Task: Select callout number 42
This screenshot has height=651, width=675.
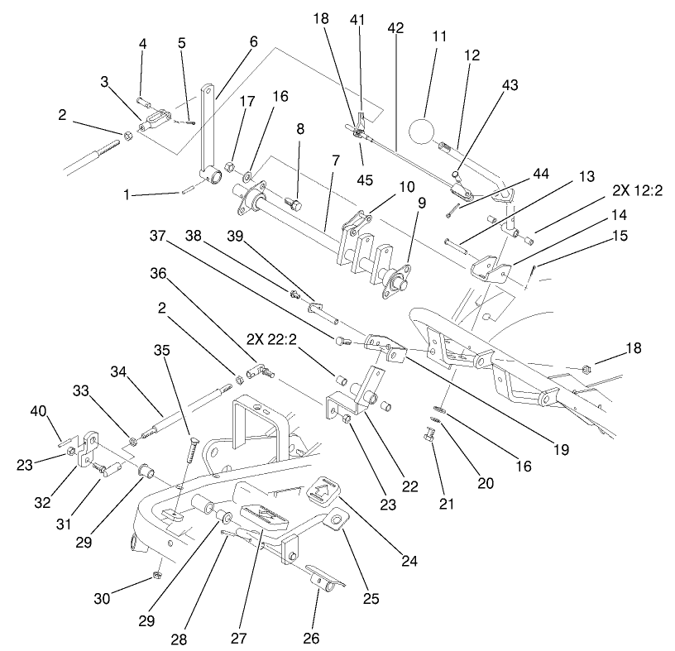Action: tap(395, 27)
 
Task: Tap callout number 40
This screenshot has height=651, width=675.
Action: tap(38, 410)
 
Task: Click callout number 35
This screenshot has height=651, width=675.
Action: tap(162, 349)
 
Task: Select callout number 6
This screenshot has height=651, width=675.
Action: tap(252, 41)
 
